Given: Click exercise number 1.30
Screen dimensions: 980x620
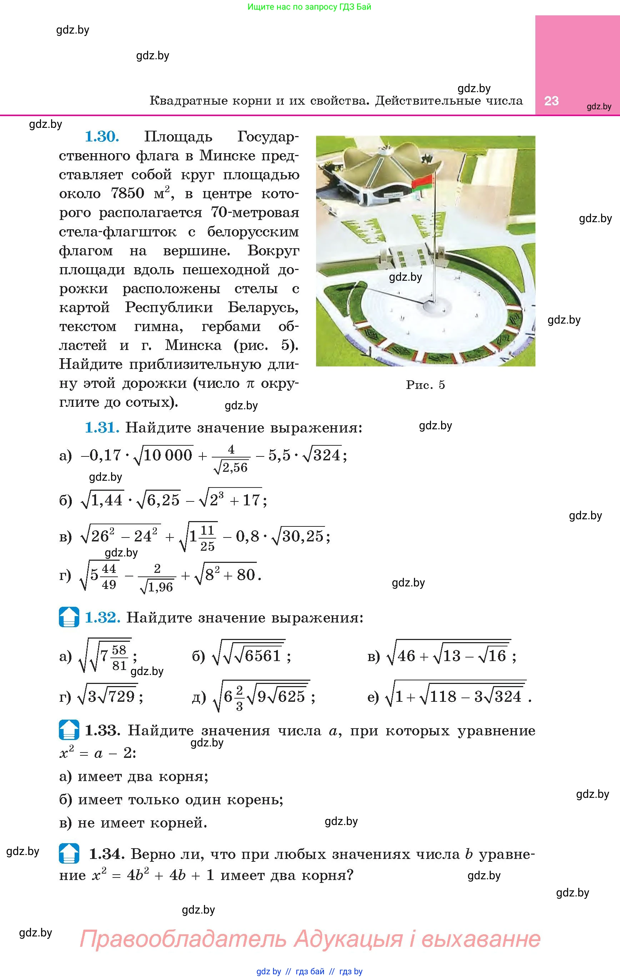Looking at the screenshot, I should (102, 137).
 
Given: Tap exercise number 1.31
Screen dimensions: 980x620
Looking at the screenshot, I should (102, 428).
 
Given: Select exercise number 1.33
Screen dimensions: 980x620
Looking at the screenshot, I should (102, 730).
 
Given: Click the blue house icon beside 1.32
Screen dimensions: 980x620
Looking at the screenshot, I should (69, 617).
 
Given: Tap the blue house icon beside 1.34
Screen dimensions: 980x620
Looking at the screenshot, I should (69, 854).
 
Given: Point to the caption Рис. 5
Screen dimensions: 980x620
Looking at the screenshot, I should (425, 385).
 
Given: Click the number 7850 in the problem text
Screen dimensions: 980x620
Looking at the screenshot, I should (127, 193).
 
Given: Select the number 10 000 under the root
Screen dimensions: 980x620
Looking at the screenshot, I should (168, 455).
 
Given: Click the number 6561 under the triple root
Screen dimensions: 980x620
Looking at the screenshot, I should (263, 656).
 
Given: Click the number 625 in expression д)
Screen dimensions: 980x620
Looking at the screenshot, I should (291, 697).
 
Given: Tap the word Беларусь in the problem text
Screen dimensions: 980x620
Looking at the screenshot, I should (263, 307).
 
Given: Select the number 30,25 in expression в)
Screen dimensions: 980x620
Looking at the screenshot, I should (303, 536).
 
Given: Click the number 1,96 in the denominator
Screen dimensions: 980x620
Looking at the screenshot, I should (160, 587).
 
